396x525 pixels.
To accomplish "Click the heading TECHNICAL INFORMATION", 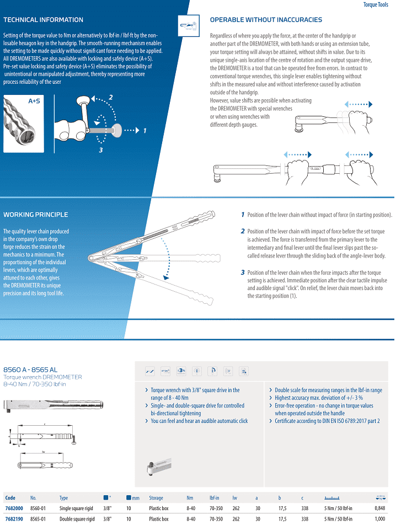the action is [x=43, y=20].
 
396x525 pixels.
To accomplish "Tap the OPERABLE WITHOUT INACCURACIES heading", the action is [x=266, y=20].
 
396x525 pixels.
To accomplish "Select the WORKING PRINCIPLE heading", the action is [x=35, y=215].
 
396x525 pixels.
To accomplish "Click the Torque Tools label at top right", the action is [x=376, y=4].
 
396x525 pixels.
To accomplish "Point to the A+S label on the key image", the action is [x=34, y=101].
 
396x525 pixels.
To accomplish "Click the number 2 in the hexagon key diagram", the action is [x=111, y=98].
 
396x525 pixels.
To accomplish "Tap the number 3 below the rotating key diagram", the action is [x=101, y=150].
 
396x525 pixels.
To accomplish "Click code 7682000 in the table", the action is [x=14, y=508].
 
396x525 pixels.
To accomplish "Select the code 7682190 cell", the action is [x=14, y=518].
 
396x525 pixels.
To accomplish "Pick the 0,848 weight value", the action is [x=380, y=508].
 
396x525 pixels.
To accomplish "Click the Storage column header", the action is [x=156, y=498].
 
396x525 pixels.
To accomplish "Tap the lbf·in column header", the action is [x=214, y=498].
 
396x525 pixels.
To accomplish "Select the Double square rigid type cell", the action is [x=77, y=518].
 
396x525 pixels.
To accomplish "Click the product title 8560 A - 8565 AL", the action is [x=30, y=369].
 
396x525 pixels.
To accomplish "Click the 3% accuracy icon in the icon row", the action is [x=181, y=371].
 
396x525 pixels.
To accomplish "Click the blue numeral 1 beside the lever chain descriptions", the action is [x=243, y=215].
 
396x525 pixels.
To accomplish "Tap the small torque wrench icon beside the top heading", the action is [x=189, y=26].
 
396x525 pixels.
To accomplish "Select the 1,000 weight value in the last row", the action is [x=380, y=518].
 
